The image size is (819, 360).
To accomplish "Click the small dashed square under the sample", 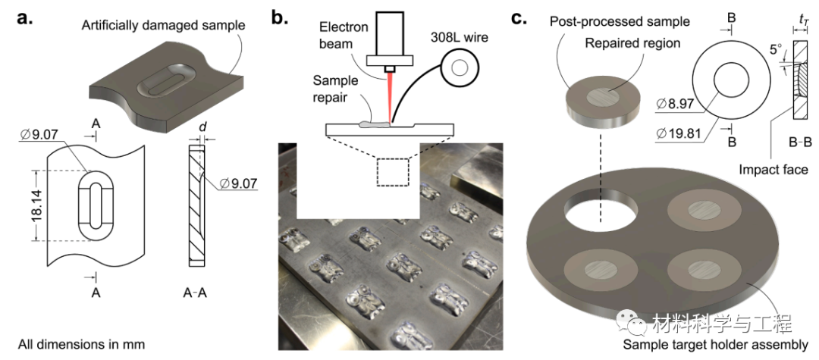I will [x=391, y=174].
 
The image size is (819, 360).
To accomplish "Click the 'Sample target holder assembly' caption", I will [x=715, y=346].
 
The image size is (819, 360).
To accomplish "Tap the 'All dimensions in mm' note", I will [x=81, y=344].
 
